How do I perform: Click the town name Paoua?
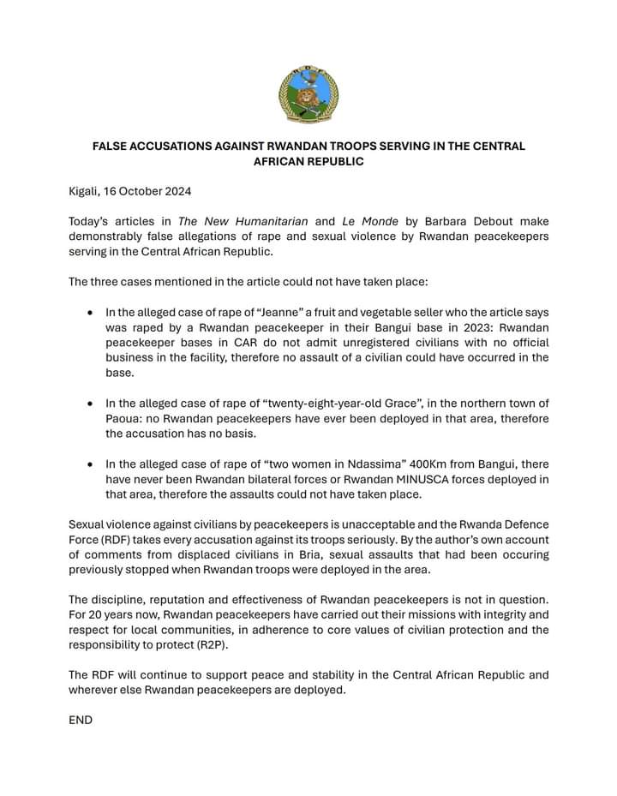[x=124, y=419]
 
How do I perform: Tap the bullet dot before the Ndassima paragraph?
[x=89, y=464]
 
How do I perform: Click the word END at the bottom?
[x=81, y=721]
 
